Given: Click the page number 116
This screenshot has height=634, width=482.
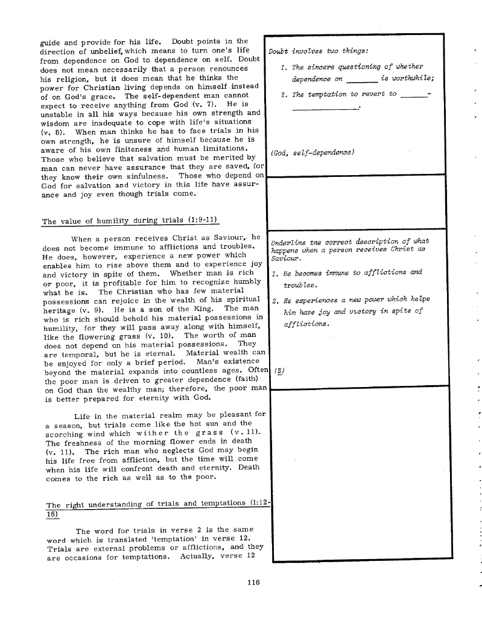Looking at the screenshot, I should coord(253,583).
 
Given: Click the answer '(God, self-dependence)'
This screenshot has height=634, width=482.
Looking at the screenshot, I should coord(312,152).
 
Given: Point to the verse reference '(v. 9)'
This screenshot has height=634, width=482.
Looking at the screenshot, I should coord(100,308).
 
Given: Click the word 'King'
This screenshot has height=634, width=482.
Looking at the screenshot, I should coord(202,308).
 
